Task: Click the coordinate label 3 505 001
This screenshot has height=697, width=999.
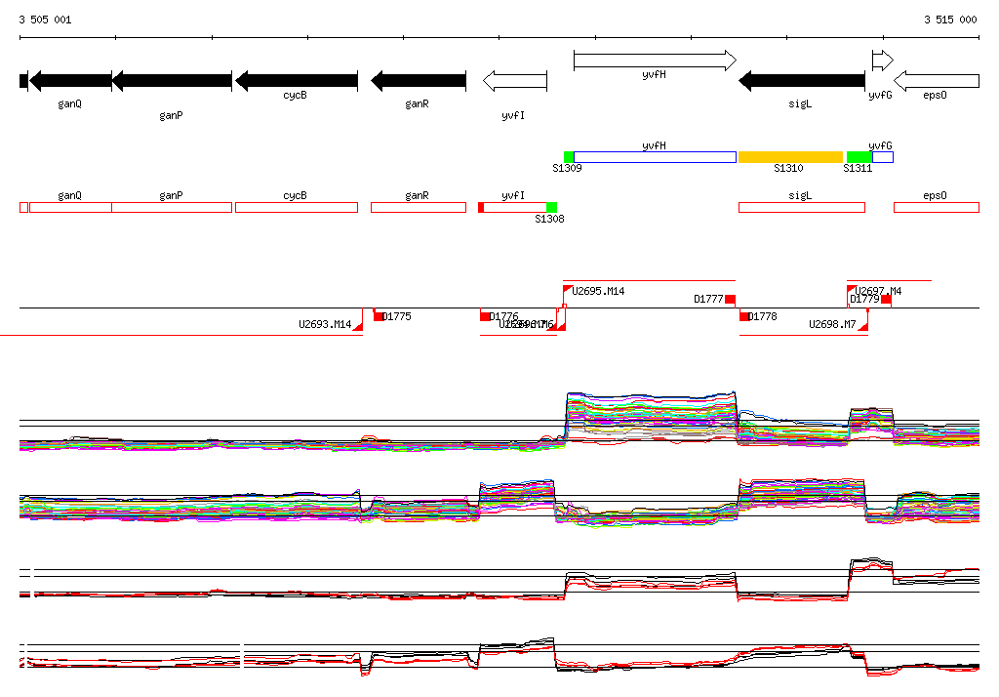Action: pyautogui.click(x=45, y=20)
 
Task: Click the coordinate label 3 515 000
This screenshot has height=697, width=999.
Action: pyautogui.click(x=950, y=20)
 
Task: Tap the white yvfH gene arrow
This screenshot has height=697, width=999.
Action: pyautogui.click(x=655, y=61)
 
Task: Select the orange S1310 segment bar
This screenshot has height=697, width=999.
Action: pyautogui.click(x=790, y=157)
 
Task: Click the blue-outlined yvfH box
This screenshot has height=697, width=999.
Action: pyautogui.click(x=655, y=157)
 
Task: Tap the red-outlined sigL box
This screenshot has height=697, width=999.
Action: pyautogui.click(x=801, y=208)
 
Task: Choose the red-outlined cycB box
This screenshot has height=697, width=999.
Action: pyautogui.click(x=296, y=208)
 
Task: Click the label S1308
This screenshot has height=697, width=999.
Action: pyautogui.click(x=549, y=220)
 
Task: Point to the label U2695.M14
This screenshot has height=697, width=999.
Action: pyautogui.click(x=598, y=291)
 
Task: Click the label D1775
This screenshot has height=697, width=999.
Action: pyautogui.click(x=397, y=316)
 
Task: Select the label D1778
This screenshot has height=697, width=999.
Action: pyautogui.click(x=763, y=316)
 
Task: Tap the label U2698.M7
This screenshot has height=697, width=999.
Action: pyautogui.click(x=832, y=324)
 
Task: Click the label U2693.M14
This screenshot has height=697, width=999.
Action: pyautogui.click(x=325, y=324)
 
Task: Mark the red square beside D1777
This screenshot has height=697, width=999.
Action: pyautogui.click(x=730, y=299)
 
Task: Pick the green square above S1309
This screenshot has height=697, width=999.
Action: pyautogui.click(x=569, y=157)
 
